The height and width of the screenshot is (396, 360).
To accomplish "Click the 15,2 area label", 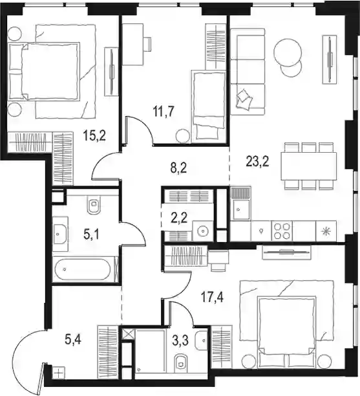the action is click(x=94, y=136).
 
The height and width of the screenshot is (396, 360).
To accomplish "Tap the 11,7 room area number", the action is click(x=164, y=112).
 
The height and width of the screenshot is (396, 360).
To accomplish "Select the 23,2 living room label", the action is click(x=258, y=161).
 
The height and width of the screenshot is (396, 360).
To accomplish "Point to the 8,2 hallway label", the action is click(x=178, y=168).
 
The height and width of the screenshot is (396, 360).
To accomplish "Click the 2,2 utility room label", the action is click(x=179, y=217).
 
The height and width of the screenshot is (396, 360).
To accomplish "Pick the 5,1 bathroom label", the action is click(x=91, y=235).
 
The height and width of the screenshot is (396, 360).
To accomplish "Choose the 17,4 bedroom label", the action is click(x=212, y=297).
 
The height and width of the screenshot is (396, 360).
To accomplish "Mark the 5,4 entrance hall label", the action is click(x=73, y=340).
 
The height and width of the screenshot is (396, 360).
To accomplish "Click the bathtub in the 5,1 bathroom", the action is click(x=83, y=269).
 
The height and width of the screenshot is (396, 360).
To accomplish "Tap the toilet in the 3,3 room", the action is click(x=181, y=362).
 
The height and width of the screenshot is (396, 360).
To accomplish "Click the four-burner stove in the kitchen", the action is click(x=282, y=230).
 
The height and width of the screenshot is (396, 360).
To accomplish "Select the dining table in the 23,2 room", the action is click(x=309, y=166).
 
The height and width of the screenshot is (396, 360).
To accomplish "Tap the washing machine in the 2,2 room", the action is click(x=202, y=230).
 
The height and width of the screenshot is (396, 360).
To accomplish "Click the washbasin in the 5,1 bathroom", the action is click(x=61, y=234).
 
